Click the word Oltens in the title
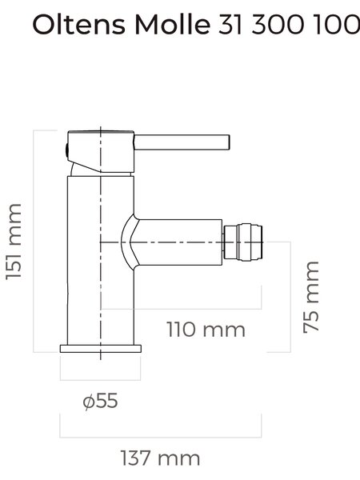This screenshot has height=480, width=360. tap(78, 25)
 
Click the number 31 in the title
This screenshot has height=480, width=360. tap(230, 25)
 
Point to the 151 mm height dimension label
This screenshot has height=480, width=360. tap(14, 242)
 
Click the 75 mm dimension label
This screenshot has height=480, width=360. tap(311, 298)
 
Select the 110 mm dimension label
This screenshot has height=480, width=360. tap(206, 330)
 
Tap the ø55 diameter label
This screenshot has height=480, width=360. tap(101, 401)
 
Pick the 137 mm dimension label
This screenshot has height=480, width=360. tap(161, 458)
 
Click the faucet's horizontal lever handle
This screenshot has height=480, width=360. tap(182, 142)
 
